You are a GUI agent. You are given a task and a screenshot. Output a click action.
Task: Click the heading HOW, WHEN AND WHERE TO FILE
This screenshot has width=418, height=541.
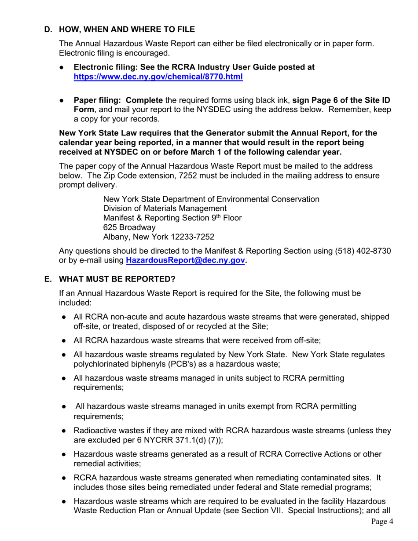127,30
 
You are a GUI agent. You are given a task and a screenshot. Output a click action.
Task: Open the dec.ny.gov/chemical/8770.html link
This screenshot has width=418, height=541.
158,77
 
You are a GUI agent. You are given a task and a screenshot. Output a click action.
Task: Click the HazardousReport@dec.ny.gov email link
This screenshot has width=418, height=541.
185,260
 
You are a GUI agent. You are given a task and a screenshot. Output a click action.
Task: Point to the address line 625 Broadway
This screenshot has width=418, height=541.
129,227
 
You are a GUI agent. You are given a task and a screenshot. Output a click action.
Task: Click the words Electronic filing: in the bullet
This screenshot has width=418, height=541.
105,67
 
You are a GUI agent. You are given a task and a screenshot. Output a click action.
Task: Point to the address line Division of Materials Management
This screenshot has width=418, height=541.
165,208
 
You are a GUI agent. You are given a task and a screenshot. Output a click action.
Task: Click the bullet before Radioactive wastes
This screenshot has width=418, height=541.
64,431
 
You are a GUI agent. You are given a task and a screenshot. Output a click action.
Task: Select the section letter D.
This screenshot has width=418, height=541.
48,30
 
